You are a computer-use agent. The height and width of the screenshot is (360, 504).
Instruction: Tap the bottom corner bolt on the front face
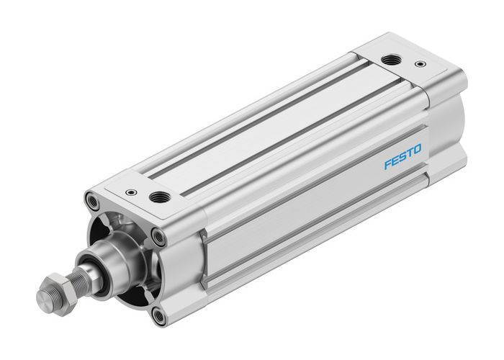(x=159, y=315)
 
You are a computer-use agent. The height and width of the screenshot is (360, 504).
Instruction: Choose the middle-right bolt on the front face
(x=156, y=234)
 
